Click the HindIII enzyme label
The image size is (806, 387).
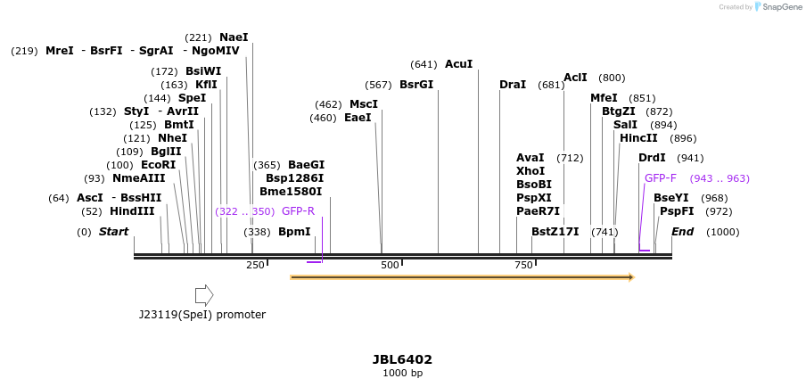pyautogui.click(x=132, y=211)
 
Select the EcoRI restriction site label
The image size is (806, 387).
pyautogui.click(x=158, y=165)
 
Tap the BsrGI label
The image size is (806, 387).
pyautogui.click(x=415, y=85)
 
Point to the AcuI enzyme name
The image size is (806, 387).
pyautogui.click(x=458, y=64)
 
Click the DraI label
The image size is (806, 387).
pyautogui.click(x=513, y=85)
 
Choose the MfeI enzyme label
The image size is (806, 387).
pyautogui.click(x=604, y=98)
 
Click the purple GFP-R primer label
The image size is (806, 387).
pyautogui.click(x=298, y=211)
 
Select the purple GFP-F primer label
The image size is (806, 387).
pyautogui.click(x=661, y=178)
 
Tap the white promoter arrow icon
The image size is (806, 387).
pyautogui.click(x=204, y=295)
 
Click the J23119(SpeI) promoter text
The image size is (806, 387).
pyautogui.click(x=202, y=315)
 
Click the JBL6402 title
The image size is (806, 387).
pyautogui.click(x=402, y=359)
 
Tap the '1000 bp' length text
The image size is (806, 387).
pyautogui.click(x=402, y=373)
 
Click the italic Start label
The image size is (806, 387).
pyautogui.click(x=113, y=232)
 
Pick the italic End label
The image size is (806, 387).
pyautogui.click(x=682, y=232)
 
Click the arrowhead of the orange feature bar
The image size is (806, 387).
pyautogui.click(x=630, y=277)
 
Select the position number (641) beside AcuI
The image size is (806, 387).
pyautogui.click(x=424, y=64)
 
